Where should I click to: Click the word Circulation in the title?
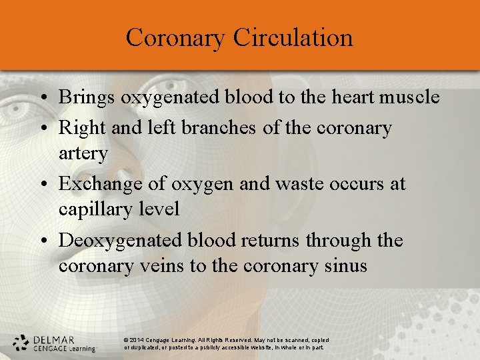293,37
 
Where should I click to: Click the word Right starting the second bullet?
78,127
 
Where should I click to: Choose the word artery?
83,154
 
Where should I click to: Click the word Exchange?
98,183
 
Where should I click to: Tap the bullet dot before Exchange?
42,184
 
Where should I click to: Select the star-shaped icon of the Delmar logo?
21,343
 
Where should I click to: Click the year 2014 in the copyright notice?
137,340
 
